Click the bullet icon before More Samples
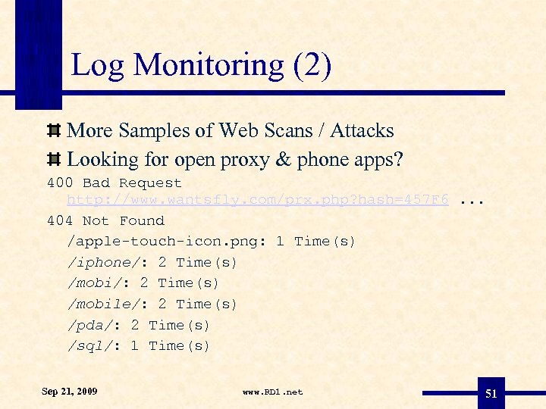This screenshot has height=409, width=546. tap(54, 131)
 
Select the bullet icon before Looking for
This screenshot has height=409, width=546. tap(54, 160)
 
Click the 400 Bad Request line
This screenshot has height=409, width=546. tap(115, 183)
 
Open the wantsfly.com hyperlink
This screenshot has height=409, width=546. tap(258, 200)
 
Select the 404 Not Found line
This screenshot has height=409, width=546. tap(105, 220)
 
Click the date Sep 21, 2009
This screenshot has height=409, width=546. tap(70, 392)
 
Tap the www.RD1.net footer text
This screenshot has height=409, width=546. tap(272, 392)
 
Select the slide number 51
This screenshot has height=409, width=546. tap(491, 393)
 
